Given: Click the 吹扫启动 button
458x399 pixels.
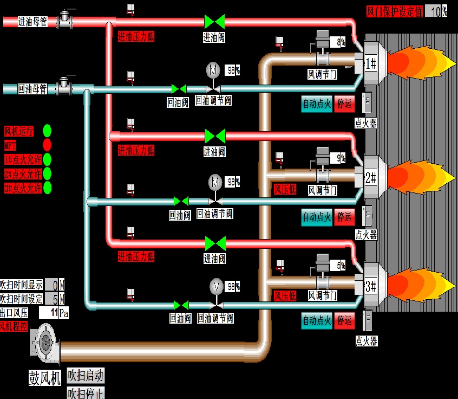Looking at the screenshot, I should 86,375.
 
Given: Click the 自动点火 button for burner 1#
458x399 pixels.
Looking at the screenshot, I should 316,104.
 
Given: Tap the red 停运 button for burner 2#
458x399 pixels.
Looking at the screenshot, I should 344,217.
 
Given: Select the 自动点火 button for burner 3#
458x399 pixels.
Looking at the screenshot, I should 316,321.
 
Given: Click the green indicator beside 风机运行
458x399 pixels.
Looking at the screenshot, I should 47,131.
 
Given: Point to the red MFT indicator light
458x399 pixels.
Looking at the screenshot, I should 47,145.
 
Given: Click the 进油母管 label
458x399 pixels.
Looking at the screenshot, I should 32,22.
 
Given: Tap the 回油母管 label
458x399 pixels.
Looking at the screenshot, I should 32,88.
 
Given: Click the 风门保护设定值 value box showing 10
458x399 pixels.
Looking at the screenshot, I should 435,11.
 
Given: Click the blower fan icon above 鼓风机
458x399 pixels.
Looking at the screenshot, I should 44,342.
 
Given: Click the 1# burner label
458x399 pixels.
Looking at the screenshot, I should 371,63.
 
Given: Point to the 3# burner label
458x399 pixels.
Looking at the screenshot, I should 371,286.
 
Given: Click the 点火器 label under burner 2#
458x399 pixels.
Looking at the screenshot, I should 366,235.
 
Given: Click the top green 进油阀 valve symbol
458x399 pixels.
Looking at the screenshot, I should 214,22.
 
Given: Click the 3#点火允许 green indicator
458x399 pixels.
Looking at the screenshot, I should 47,188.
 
